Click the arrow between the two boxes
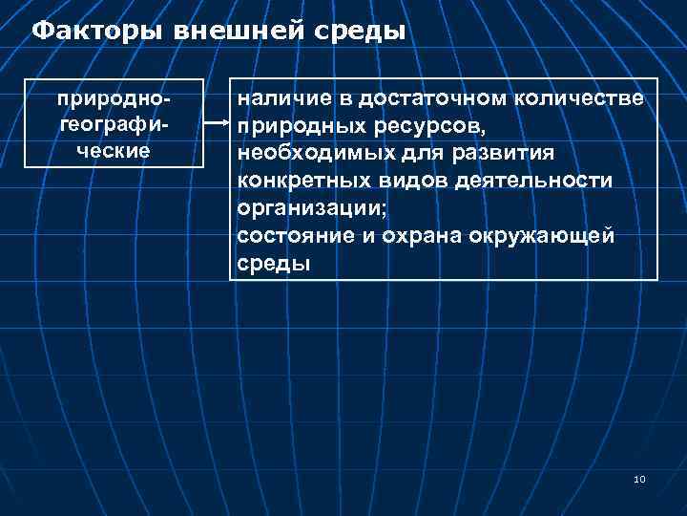[x=218, y=123]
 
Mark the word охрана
[x=417, y=235]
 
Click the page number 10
[x=638, y=479]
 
